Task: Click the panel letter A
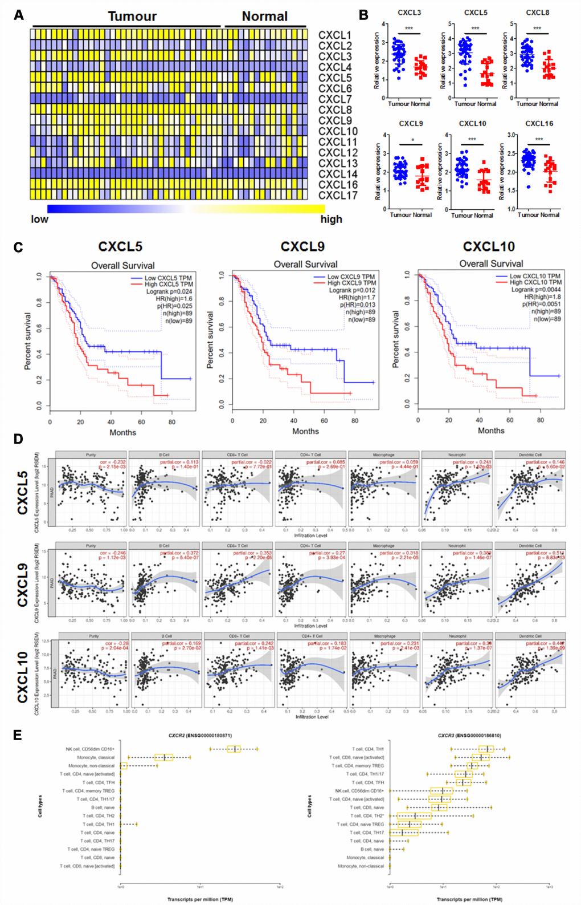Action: pos(19,15)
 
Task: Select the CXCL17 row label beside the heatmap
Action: pos(338,195)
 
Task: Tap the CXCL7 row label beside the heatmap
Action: pos(335,99)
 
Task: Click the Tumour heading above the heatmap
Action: pos(132,17)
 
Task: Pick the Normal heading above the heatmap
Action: pos(265,17)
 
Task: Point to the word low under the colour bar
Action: pos(40,220)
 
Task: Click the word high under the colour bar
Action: pos(331,220)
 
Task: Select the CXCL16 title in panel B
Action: pos(539,123)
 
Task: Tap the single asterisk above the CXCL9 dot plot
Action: pos(413,140)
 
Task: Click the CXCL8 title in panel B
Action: pos(537,13)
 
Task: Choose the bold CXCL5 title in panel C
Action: pos(120,247)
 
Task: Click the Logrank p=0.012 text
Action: pos(352,290)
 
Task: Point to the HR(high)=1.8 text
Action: pos(542,297)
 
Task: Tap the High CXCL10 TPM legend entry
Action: pos(535,282)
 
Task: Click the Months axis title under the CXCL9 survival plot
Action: pos(305,431)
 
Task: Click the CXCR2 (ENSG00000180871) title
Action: pos(200,736)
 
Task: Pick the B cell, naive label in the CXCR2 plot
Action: pos(103,807)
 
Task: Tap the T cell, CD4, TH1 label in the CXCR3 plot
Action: pos(367,749)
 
